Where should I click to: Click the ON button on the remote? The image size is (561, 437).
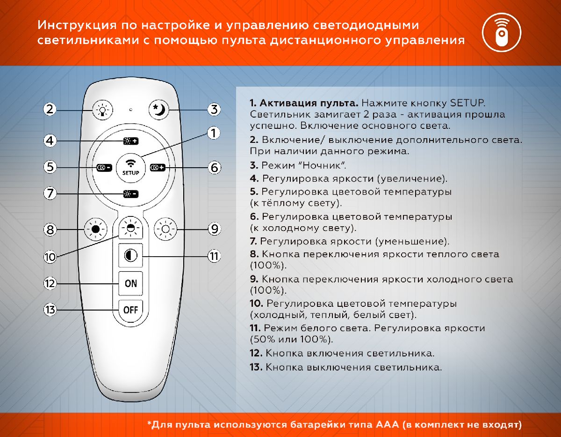click(131, 283)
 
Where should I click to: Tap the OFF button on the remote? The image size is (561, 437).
click(131, 310)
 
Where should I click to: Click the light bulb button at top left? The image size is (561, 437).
click(102, 110)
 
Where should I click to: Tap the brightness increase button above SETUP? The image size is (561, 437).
click(130, 141)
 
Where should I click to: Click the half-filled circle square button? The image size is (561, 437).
click(130, 256)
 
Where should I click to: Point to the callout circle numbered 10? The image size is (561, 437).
click(50, 257)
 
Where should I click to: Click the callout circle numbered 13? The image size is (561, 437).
click(50, 310)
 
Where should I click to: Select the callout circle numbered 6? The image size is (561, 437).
click(214, 167)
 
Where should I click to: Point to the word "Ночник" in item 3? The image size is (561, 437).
click(324, 165)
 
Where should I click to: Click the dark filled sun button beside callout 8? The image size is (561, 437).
click(96, 230)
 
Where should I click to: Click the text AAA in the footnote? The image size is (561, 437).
click(386, 425)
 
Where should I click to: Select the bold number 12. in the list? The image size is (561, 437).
click(256, 353)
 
